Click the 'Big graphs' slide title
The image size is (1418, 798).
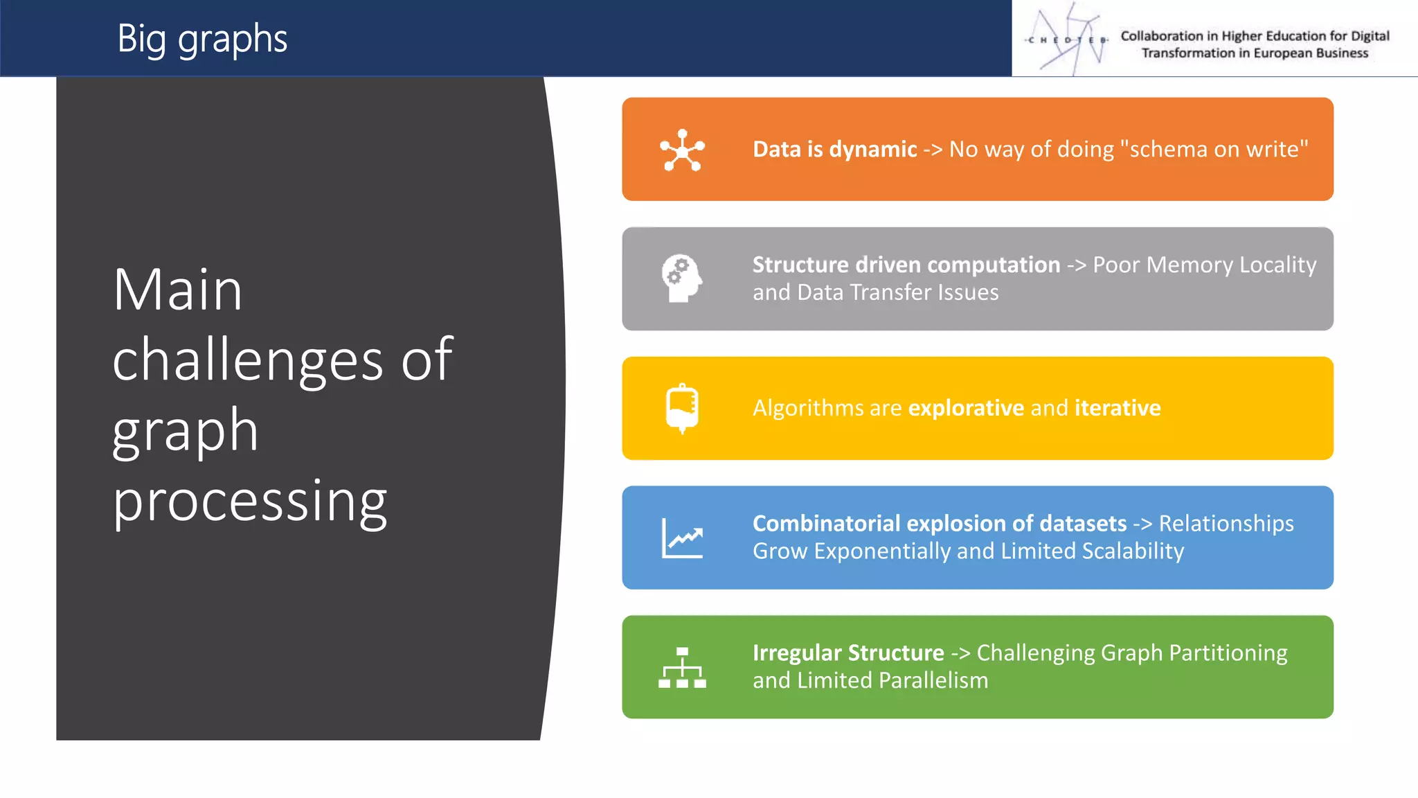tap(201, 39)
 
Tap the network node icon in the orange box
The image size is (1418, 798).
tap(682, 150)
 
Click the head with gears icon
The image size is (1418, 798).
tap(681, 278)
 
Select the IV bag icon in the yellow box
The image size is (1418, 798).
tap(682, 408)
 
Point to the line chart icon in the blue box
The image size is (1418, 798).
tap(682, 538)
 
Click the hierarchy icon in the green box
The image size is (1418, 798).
tap(682, 667)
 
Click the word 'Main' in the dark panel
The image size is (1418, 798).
tap(178, 290)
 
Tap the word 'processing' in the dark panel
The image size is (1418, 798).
tap(250, 502)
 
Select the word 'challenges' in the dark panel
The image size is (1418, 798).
tap(248, 360)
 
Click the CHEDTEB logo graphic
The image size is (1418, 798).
tap(1067, 39)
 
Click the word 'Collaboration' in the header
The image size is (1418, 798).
tap(1161, 36)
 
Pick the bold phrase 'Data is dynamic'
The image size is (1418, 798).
tap(834, 150)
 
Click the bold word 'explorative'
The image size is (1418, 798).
tap(966, 408)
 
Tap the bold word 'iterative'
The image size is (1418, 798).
tap(1117, 408)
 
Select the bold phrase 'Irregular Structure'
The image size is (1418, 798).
tap(848, 653)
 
